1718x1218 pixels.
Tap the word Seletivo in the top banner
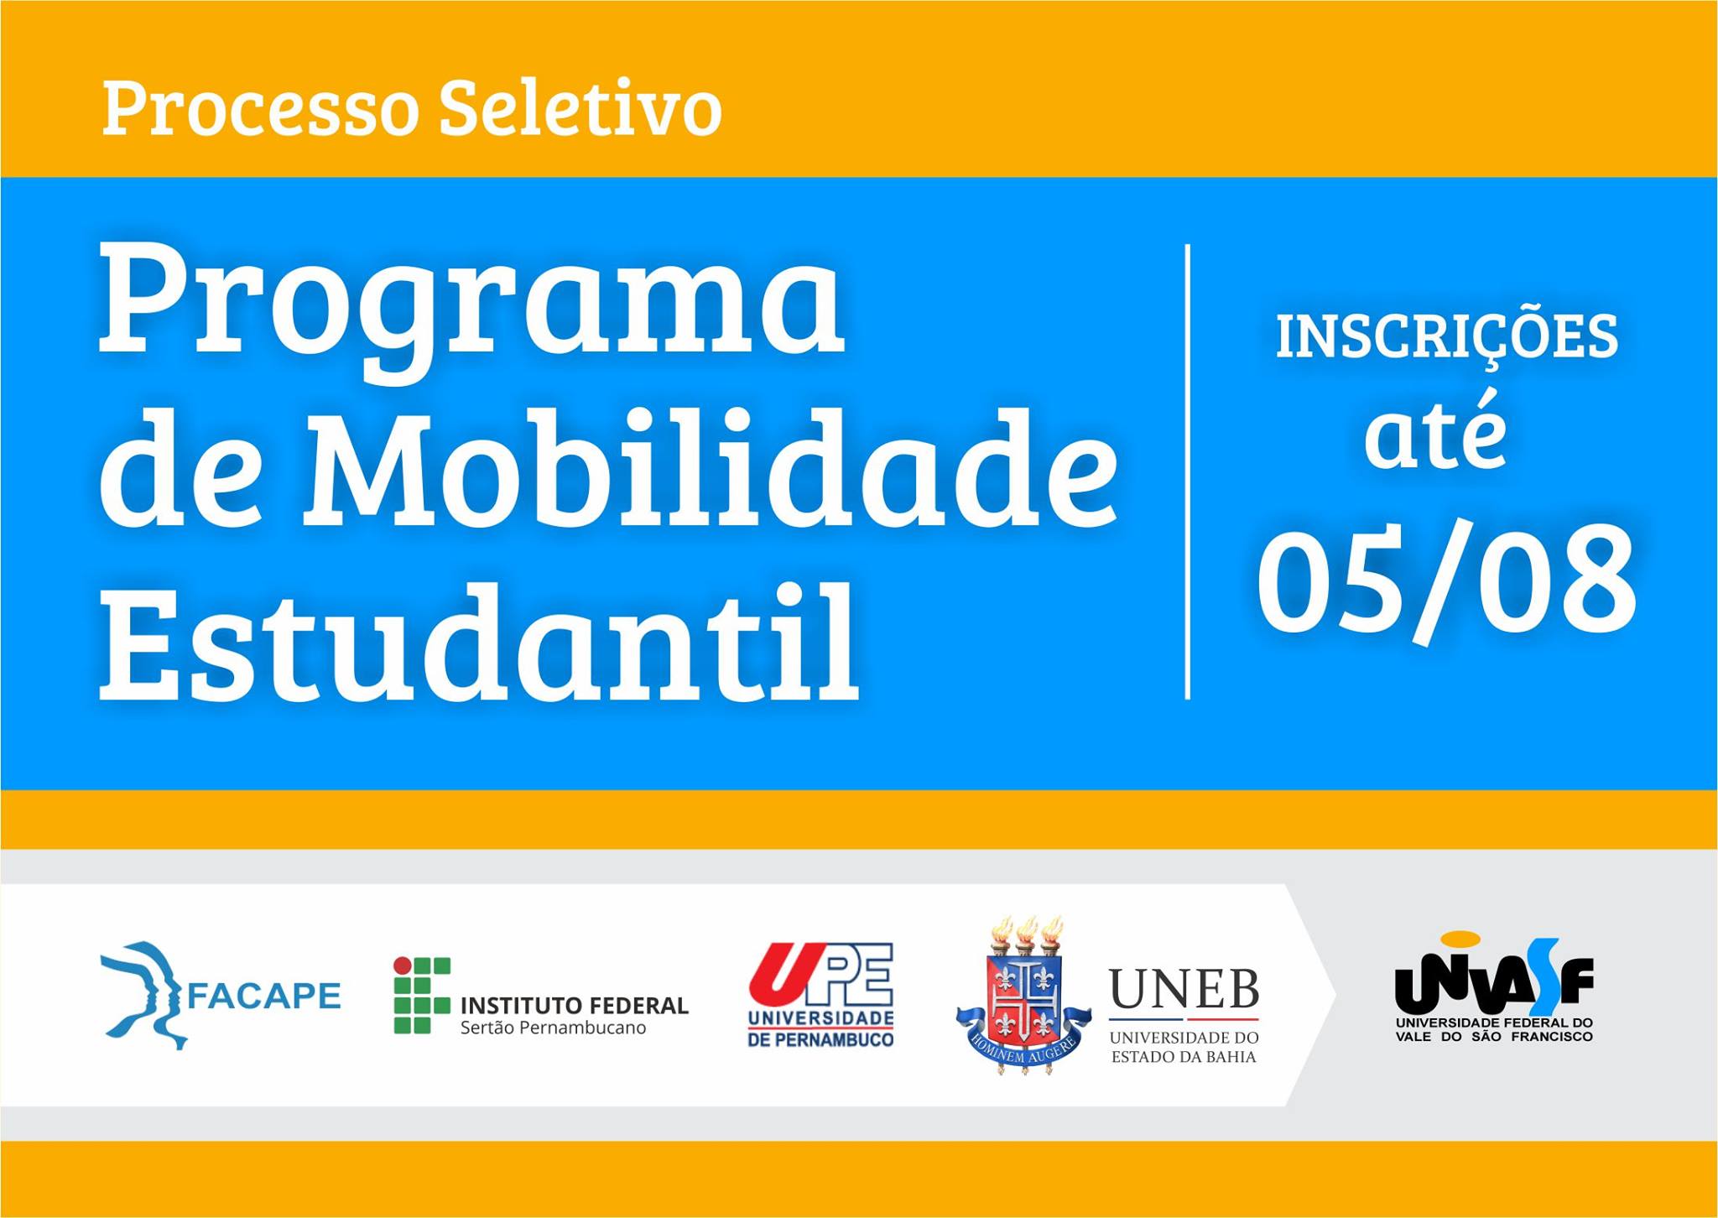tap(580, 109)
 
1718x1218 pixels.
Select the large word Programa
tap(471, 310)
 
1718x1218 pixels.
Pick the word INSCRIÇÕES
tap(1447, 338)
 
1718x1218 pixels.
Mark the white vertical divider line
tap(1188, 471)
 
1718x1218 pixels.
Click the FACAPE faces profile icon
tap(143, 995)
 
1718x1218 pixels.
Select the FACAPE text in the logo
tap(263, 996)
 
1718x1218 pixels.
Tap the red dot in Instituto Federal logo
tap(403, 966)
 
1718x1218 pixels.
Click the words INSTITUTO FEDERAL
tap(575, 1005)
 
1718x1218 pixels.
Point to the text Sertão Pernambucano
tap(554, 1028)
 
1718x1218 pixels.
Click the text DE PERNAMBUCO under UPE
tap(821, 1040)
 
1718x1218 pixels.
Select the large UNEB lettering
tap(1184, 989)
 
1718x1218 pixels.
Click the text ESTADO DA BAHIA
tap(1184, 1057)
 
